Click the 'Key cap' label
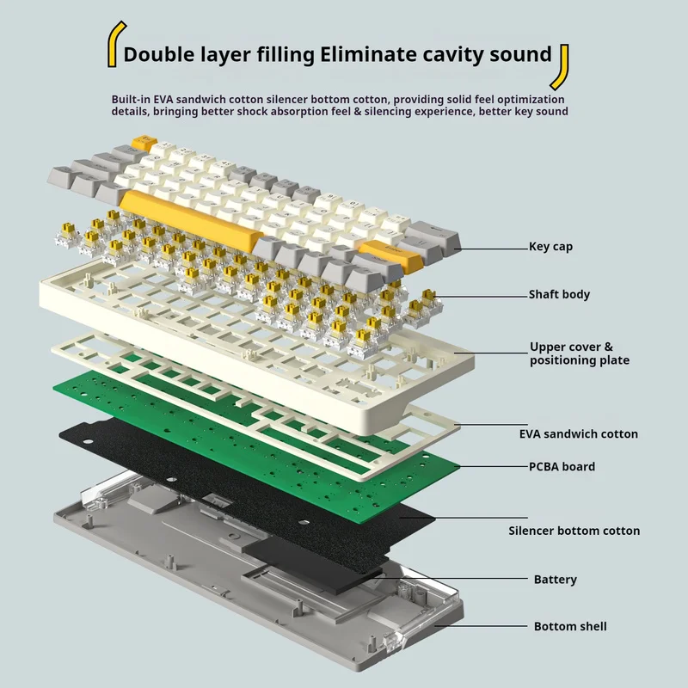(x=550, y=247)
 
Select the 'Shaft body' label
(x=559, y=294)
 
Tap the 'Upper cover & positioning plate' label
(x=579, y=353)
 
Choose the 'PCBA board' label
(x=562, y=466)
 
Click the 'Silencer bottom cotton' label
(x=586, y=531)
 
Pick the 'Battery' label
(x=555, y=580)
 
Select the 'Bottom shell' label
(x=570, y=626)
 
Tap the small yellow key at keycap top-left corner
(x=141, y=142)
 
